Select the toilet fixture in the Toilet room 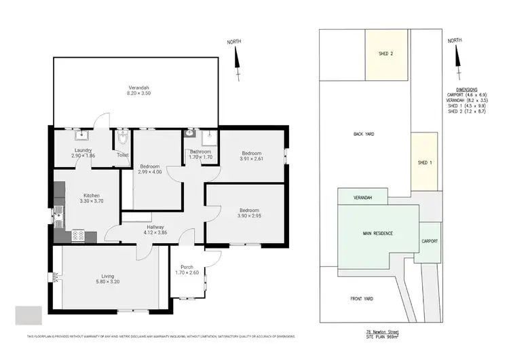click(x=123, y=140)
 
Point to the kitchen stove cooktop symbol click(x=78, y=236)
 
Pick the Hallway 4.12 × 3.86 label click(x=155, y=230)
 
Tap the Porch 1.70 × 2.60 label click(x=187, y=270)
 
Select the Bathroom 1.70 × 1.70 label click(x=200, y=154)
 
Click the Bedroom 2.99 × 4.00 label click(x=150, y=169)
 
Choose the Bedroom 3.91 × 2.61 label click(x=252, y=156)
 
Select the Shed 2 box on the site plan click(x=386, y=54)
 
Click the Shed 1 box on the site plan click(x=424, y=162)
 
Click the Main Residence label click(x=378, y=233)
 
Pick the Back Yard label click(x=364, y=134)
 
